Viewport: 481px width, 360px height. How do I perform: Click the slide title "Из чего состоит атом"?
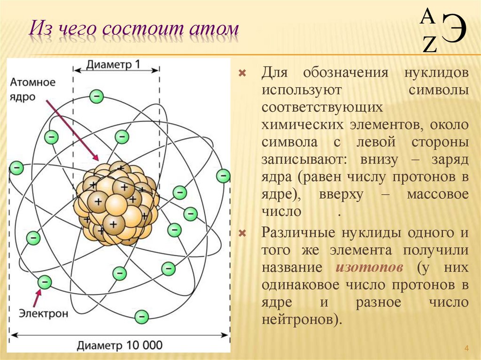[133, 29]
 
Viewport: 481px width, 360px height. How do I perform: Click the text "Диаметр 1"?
[113, 65]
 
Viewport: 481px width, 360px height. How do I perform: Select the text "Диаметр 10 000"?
[120, 345]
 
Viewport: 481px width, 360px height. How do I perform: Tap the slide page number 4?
[466, 348]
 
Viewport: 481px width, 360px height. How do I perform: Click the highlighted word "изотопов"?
[370, 268]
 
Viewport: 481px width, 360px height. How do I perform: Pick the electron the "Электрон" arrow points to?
[45, 282]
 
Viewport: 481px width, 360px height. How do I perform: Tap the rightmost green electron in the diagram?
[223, 176]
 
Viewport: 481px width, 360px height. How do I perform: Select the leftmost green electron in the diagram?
[16, 167]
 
